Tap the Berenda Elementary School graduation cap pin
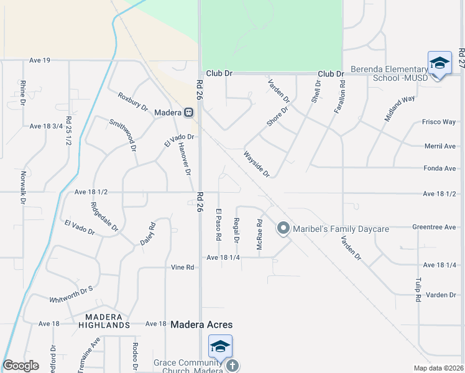440,63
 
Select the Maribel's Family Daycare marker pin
283,228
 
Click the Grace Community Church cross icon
233,366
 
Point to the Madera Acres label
201,325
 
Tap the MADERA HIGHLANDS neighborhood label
104,321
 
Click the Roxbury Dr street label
132,102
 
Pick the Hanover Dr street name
183,159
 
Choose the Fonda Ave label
440,168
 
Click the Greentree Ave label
434,228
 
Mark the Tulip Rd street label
418,290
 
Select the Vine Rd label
183,267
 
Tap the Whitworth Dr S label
71,295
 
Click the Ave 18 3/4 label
46,126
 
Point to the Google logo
21,366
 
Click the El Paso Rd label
219,225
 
